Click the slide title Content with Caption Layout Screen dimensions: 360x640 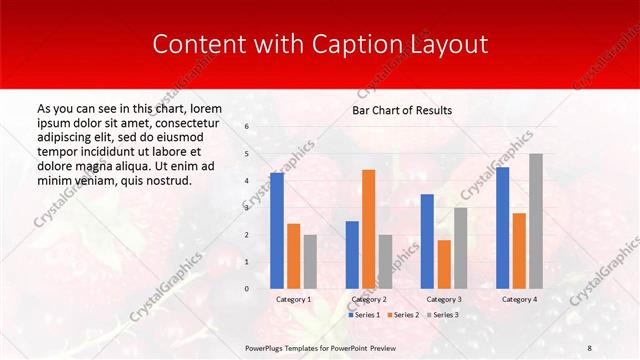click(x=319, y=45)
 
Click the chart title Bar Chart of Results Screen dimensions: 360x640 click(x=402, y=110)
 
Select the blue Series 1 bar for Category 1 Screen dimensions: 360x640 click(x=277, y=231)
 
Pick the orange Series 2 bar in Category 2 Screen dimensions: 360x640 click(x=368, y=229)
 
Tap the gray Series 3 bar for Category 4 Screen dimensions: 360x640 click(x=536, y=221)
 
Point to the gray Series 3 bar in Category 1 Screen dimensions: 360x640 click(x=310, y=261)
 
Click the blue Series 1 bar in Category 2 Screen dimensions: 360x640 click(x=352, y=255)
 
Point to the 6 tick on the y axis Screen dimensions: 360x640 click(x=247, y=127)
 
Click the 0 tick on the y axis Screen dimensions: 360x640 click(x=247, y=289)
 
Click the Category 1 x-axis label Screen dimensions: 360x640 click(x=293, y=299)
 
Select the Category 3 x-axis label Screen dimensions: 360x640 click(x=444, y=299)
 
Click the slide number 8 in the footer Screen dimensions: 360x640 click(x=590, y=346)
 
